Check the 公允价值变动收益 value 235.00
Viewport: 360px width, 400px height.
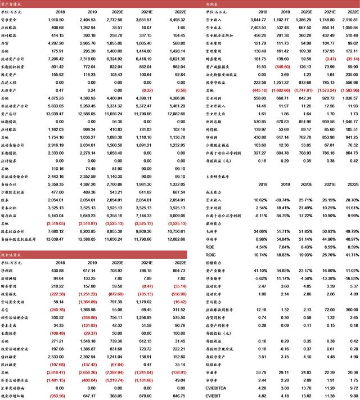pyautogui.click(x=348, y=74)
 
